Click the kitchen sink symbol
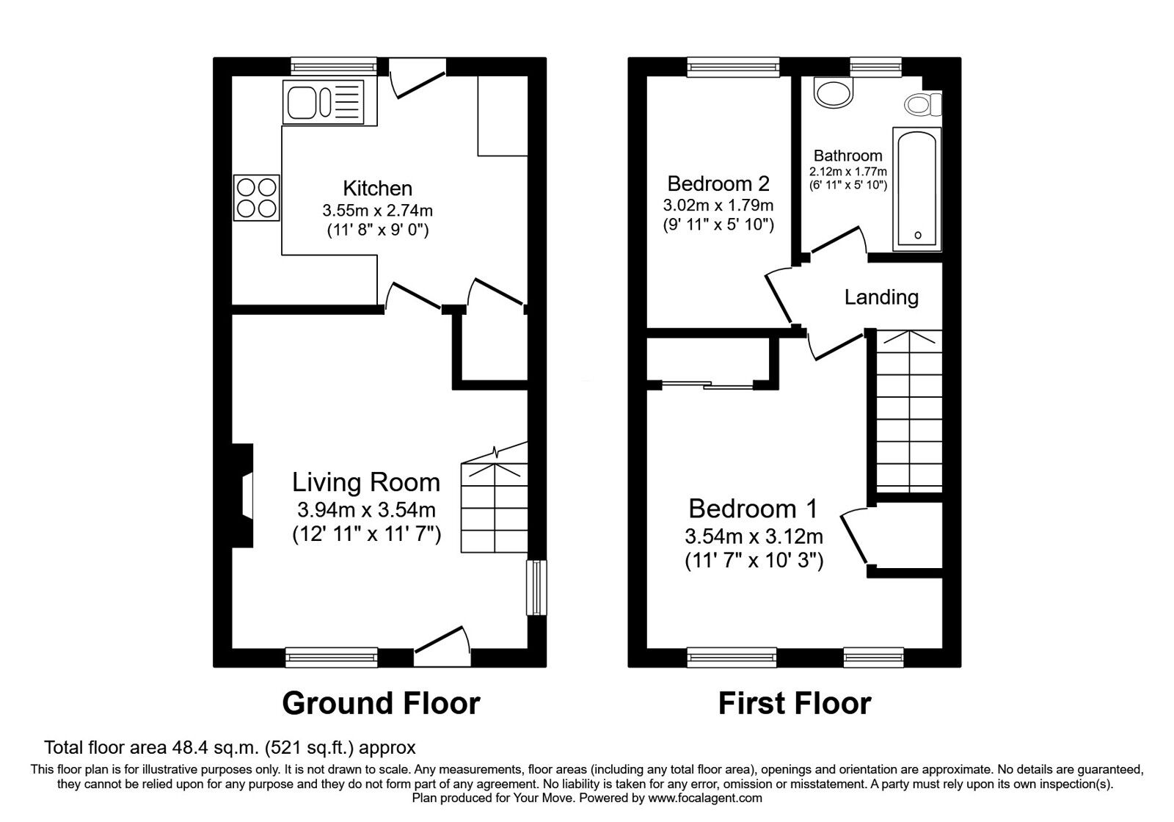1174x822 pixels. (x=324, y=102)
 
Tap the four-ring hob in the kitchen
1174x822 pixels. (x=256, y=197)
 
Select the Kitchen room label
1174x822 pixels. (x=377, y=188)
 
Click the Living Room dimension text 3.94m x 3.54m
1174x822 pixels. (x=366, y=509)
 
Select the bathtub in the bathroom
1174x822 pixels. (x=916, y=189)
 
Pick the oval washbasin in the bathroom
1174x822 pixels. (x=835, y=93)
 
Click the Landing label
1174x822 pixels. (x=880, y=297)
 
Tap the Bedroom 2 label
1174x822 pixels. (x=718, y=183)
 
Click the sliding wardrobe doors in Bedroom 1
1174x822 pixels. (x=707, y=384)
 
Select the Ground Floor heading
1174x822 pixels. (x=381, y=703)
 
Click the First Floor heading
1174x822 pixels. (x=794, y=703)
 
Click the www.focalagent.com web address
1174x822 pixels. (x=705, y=798)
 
